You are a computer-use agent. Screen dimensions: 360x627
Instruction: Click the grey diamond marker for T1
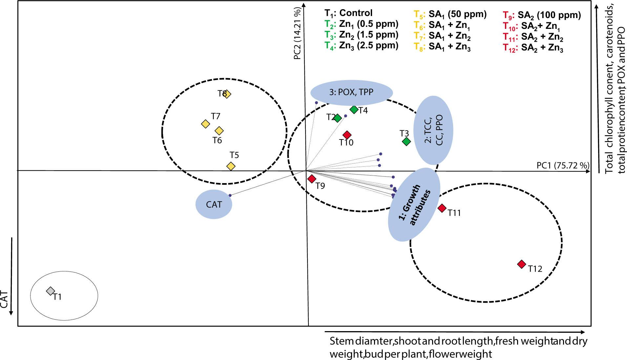(50, 291)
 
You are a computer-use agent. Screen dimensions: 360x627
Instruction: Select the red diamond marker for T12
(521, 264)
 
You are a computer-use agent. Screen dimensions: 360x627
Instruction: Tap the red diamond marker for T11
(442, 208)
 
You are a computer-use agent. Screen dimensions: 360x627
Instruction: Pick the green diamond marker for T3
(406, 141)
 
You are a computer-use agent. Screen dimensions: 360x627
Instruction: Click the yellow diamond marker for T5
(231, 166)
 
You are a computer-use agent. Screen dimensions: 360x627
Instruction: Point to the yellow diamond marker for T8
(227, 94)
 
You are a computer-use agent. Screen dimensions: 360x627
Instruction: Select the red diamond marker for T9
(312, 179)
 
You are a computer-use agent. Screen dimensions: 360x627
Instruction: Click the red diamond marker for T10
(347, 135)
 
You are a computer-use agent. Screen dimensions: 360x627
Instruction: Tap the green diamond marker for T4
(354, 109)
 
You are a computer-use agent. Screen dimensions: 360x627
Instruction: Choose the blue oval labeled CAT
(214, 204)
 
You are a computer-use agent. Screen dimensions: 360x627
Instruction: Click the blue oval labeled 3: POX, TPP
(351, 92)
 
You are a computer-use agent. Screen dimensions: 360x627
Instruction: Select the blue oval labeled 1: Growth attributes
(414, 205)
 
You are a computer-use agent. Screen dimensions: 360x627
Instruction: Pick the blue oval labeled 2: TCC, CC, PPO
(433, 130)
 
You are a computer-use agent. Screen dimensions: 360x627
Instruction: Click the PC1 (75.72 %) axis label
(562, 165)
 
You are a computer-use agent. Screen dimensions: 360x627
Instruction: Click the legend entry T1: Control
(348, 13)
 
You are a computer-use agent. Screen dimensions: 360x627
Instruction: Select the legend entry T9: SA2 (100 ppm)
(542, 15)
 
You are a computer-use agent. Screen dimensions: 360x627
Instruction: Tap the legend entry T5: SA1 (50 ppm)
(450, 14)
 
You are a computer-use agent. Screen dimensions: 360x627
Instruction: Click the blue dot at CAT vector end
(230, 195)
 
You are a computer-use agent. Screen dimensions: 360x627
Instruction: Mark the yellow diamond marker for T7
(205, 124)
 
